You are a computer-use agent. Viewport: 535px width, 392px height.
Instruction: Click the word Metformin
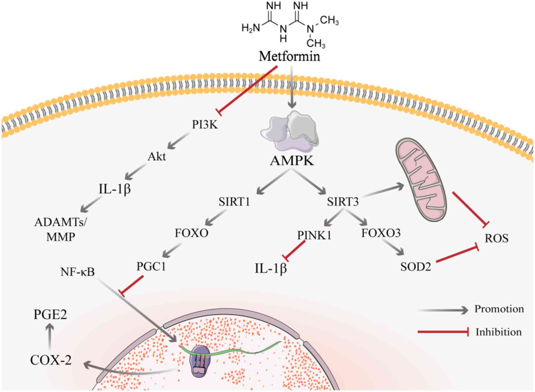point(289,56)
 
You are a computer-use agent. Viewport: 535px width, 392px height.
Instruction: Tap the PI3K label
point(205,125)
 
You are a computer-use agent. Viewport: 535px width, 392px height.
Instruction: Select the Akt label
point(157,157)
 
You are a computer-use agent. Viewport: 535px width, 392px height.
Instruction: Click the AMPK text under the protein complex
point(292,161)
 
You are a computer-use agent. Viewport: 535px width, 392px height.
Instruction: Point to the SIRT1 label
point(234,202)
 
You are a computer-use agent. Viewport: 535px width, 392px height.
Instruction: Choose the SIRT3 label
point(343,202)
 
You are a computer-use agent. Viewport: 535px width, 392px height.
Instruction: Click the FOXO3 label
point(381,233)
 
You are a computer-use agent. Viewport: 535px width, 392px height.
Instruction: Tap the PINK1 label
point(314,235)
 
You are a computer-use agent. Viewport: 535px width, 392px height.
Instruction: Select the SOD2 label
point(415,267)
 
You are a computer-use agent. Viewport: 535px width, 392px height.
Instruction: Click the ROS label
point(497,238)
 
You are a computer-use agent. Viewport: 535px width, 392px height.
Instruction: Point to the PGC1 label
point(151,267)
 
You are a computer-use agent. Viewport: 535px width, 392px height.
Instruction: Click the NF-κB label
point(77,272)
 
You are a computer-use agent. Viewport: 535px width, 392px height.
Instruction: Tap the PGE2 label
point(50,314)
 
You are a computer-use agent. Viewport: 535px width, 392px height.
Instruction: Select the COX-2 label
point(51,360)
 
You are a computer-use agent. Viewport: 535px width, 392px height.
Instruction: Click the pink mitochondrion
point(421,179)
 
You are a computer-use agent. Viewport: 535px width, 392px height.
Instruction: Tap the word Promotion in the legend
point(499,309)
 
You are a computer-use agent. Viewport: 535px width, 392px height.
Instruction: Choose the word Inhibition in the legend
point(498,332)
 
